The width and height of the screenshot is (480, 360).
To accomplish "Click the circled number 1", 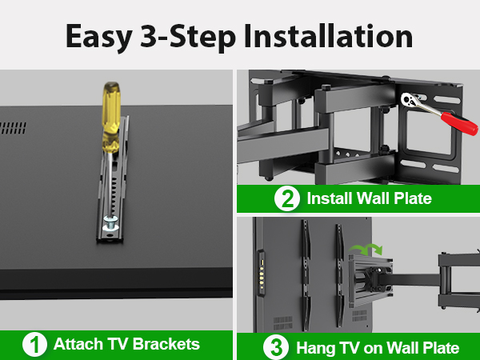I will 34,346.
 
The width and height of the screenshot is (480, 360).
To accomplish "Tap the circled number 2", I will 287,198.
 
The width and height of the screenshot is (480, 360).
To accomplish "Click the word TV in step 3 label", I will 348,348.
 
